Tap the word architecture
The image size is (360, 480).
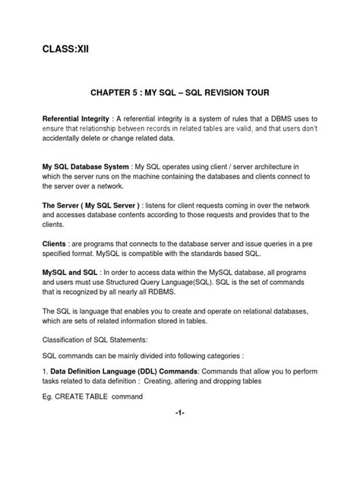click(288, 166)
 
